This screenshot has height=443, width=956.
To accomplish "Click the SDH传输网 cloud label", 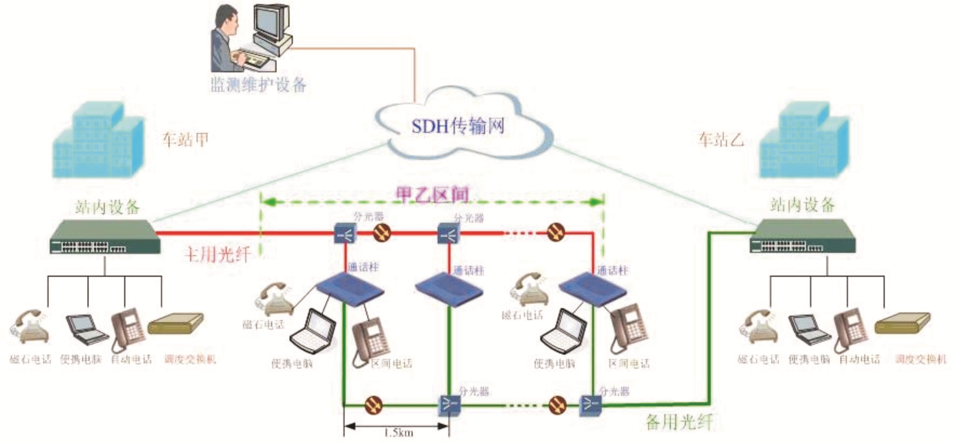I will pos(458,126).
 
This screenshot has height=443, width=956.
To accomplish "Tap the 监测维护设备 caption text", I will pos(258,85).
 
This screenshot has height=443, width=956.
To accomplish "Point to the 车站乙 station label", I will pos(720,139).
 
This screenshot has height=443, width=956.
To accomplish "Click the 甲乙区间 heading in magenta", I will pos(432,195).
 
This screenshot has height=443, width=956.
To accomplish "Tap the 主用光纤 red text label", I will pos(217,254).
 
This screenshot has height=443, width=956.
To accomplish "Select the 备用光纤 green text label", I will pos(679,422).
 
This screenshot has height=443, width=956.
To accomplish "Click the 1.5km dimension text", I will pos(399,433).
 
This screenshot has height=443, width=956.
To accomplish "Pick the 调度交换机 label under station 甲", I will pos(190,359).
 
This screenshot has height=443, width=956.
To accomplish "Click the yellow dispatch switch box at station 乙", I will pos(903,323).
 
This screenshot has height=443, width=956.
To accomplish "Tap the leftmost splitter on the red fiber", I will pos(345,233).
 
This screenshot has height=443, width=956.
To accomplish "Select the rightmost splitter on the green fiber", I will pos(590,404).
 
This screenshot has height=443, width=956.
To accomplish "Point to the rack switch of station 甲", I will pos(105,237).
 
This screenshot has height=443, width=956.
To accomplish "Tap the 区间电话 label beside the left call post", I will pos(392,364).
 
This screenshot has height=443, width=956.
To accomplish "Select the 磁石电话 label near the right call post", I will pos(522,315).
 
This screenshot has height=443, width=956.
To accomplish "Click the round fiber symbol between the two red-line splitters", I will pos(381,233).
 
